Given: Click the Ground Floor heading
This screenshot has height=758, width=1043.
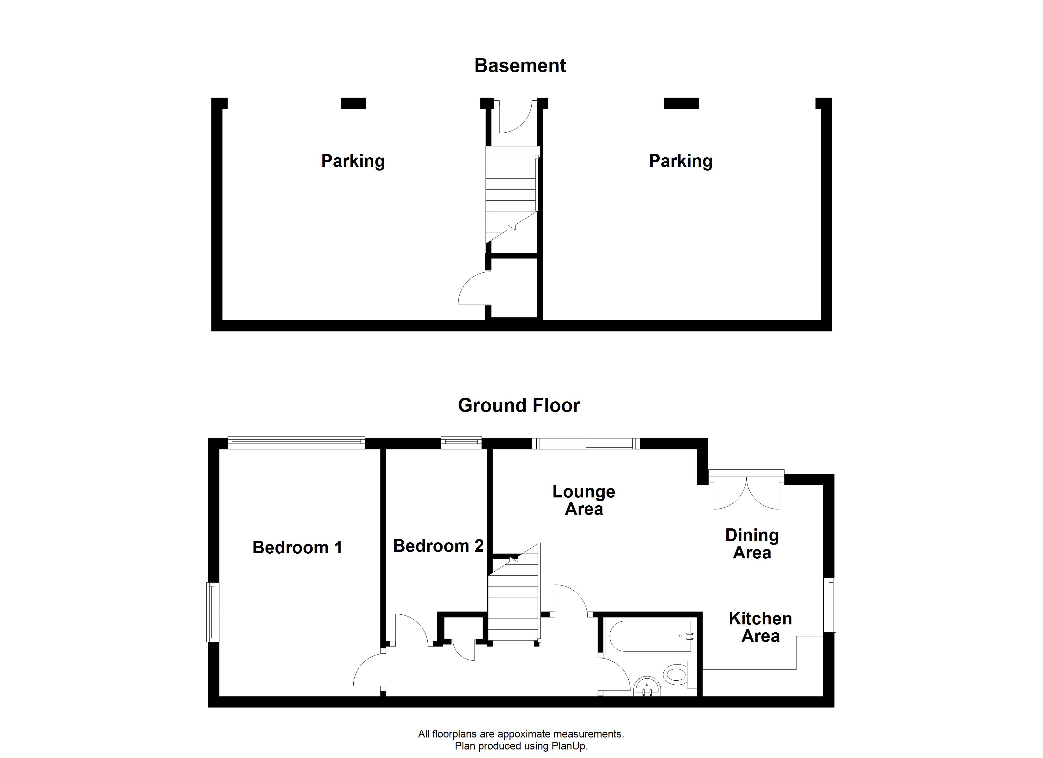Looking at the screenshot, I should pyautogui.click(x=519, y=406).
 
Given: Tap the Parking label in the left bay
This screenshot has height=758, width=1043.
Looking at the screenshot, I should pyautogui.click(x=353, y=161).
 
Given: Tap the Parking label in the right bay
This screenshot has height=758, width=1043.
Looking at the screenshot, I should pyautogui.click(x=680, y=161).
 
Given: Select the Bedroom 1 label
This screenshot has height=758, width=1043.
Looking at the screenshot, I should pyautogui.click(x=297, y=547).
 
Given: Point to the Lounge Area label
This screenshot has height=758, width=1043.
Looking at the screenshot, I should pyautogui.click(x=583, y=500).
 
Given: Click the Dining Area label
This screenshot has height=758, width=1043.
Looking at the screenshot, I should pyautogui.click(x=752, y=544).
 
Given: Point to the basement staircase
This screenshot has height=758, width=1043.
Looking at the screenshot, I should pyautogui.click(x=511, y=193).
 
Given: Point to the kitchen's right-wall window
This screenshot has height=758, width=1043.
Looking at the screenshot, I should pyautogui.click(x=831, y=605).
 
